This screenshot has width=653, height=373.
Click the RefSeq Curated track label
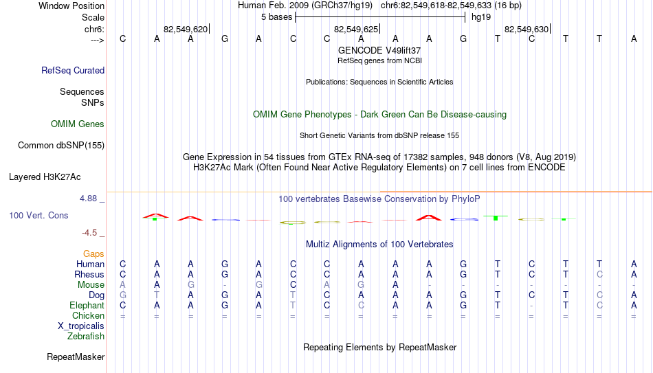[73, 70]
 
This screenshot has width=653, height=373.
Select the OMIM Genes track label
[78, 124]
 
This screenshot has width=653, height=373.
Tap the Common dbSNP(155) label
[61, 146]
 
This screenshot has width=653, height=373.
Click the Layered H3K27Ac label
[45, 177]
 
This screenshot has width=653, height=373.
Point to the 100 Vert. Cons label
[38, 215]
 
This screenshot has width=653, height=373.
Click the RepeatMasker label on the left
[76, 357]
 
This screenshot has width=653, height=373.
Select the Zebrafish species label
[86, 336]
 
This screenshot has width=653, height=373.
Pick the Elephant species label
[87, 305]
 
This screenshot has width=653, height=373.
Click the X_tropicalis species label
[81, 326]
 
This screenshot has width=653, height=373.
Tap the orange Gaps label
[93, 253]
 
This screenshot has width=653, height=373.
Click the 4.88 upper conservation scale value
[88, 198]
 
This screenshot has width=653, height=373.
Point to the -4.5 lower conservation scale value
[89, 233]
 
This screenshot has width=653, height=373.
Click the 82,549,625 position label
[356, 29]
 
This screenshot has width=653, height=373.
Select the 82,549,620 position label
[186, 29]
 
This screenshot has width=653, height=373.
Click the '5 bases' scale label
[277, 17]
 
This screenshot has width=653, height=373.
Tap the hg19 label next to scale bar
[481, 17]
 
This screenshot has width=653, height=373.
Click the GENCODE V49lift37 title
[379, 50]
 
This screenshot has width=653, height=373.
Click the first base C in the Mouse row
[294, 285]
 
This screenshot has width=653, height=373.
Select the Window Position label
[71, 5]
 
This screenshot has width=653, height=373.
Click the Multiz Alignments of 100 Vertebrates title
[379, 244]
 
